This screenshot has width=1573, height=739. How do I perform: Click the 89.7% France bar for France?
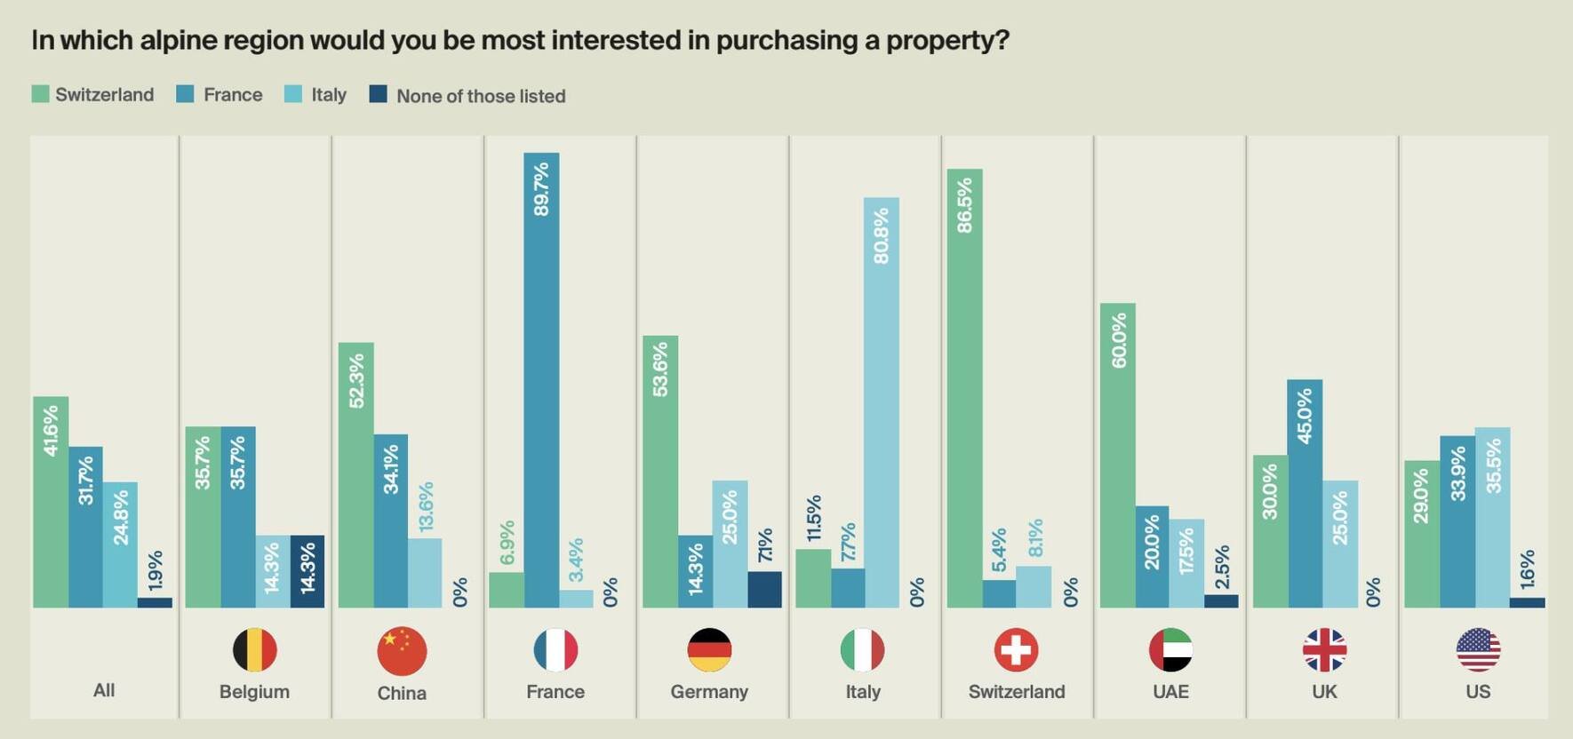point(541,380)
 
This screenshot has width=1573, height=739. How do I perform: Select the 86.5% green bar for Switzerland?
point(964,388)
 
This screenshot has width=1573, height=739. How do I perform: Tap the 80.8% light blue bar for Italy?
point(881,402)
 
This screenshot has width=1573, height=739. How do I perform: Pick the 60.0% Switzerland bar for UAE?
point(1117,456)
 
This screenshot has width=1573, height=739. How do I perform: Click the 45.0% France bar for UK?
point(1305,494)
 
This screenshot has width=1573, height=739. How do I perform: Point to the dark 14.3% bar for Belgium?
point(307,572)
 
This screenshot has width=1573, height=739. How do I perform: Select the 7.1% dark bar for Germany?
point(764,590)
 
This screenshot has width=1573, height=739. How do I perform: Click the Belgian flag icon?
point(255,650)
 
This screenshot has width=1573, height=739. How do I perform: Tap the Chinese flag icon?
point(402,651)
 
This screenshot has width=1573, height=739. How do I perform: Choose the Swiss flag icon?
point(1016,650)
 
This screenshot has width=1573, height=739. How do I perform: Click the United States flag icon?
point(1478,650)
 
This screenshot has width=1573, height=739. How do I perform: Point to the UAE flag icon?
point(1170,650)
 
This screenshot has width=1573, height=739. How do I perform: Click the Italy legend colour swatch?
point(293,94)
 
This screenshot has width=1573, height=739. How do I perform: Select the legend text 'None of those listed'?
point(481,96)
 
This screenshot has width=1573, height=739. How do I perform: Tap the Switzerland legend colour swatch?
point(40,94)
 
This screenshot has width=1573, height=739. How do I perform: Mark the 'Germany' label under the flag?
point(709,692)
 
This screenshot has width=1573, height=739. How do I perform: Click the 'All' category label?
point(104,690)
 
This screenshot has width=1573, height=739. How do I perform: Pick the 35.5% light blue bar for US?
point(1492,518)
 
